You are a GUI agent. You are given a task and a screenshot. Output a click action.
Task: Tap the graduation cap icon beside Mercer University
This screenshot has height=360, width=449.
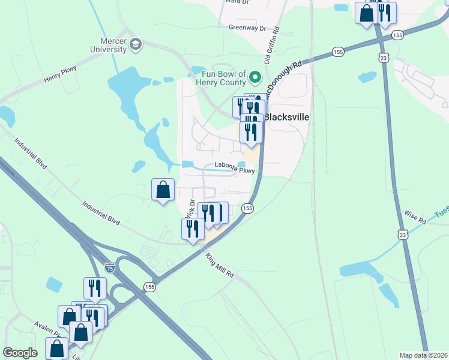pos(136,44)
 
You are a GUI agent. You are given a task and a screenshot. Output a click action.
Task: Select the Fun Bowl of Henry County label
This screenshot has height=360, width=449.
pos(220,77)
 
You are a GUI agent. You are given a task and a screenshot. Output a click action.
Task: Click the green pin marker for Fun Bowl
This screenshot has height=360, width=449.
pos(255,77)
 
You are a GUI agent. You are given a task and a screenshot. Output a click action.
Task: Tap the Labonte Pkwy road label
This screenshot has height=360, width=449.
pos(235,170)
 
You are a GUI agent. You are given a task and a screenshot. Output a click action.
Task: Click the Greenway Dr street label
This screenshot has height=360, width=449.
pos(247,28)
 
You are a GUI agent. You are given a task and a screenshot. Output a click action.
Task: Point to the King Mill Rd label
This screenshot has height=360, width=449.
pos(220,265)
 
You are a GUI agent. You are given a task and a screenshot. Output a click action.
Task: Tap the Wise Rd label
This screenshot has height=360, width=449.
pos(415,216)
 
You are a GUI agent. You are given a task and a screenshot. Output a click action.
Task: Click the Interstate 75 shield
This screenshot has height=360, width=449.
pos(109,268)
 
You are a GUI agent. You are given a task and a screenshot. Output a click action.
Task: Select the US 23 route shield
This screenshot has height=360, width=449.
pos(384,56)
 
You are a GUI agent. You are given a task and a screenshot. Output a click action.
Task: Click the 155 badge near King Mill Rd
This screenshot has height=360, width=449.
pos(247,208)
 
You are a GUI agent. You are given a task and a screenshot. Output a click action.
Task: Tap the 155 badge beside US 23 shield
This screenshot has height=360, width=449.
pos(397,36)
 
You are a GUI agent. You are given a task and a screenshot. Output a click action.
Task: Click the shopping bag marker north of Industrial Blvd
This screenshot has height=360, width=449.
pos(163,191)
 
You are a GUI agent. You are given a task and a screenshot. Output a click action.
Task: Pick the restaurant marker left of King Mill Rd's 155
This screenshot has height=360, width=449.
pos(193,229)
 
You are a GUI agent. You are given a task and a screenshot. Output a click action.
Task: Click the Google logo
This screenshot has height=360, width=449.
pos(20,353)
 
